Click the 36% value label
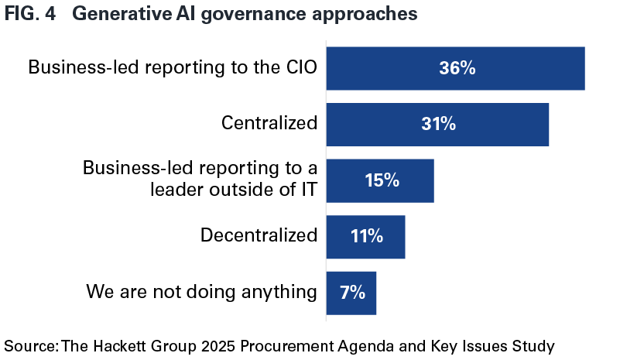[457, 68]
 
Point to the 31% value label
[437, 124]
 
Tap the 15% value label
[382, 180]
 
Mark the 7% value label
[351, 293]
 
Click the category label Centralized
[269, 124]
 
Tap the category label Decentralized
[259, 235]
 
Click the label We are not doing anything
[201, 292]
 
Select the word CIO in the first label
[298, 67]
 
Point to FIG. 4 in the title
[31, 15]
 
